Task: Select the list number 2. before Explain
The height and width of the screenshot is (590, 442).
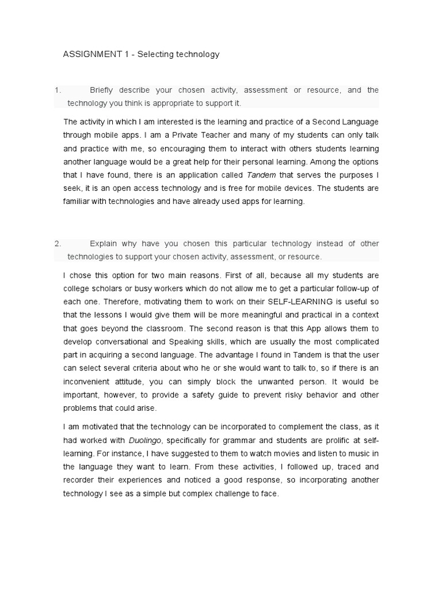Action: (x=58, y=244)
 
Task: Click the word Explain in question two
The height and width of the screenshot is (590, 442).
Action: (x=102, y=244)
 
